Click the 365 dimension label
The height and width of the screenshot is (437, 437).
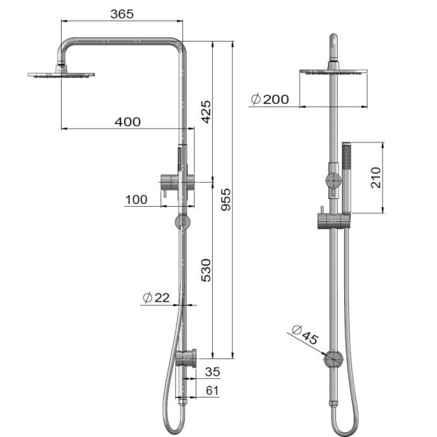(x=121, y=14)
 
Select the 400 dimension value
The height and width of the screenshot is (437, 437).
(x=127, y=122)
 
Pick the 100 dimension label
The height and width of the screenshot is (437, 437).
(x=136, y=200)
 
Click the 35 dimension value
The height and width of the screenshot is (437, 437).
(x=212, y=372)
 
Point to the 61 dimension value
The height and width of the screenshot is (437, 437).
(x=212, y=390)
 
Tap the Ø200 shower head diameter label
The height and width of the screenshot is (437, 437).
(x=269, y=99)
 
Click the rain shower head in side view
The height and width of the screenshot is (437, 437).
(x=62, y=75)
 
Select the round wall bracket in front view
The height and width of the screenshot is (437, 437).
(x=333, y=359)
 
